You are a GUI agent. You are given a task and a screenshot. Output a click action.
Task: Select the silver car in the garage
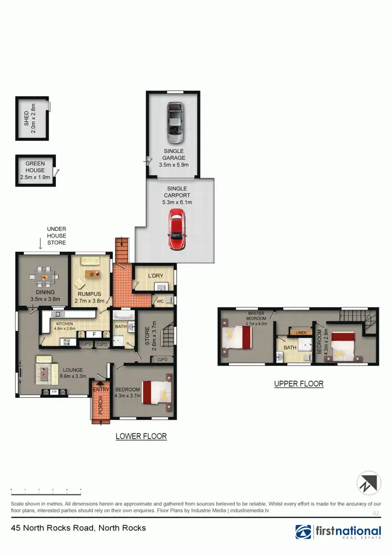175,122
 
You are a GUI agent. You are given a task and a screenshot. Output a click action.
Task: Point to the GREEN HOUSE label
35,170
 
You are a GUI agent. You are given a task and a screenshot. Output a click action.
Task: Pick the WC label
160,301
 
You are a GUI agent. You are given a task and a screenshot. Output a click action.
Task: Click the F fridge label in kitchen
94,334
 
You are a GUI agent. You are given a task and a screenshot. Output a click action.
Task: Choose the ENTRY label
101,390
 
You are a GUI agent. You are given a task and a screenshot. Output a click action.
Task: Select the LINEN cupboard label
301,333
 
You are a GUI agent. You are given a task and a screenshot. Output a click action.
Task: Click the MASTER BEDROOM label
257,315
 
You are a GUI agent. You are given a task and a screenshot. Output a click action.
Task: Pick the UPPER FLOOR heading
299,384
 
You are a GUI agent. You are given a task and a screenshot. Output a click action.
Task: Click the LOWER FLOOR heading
141,436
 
